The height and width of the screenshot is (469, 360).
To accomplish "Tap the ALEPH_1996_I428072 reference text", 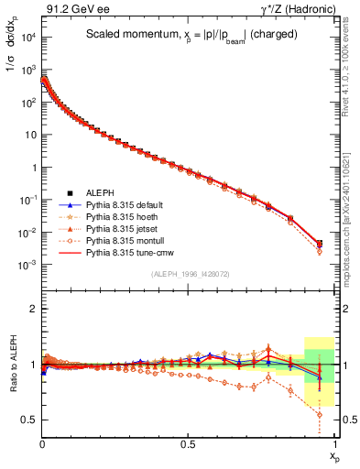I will tap(191, 275).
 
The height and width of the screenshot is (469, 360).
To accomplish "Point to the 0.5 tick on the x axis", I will tap(189, 444).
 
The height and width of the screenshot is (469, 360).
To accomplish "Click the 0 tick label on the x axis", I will tap(43, 444).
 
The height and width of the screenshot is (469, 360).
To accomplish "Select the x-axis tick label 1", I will tap(335, 444).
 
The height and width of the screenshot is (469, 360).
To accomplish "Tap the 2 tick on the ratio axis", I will tap(31, 310).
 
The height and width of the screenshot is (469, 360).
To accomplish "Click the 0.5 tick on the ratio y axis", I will tap(27, 420).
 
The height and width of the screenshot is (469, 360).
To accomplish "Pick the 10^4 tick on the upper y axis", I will tap(27, 37).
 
